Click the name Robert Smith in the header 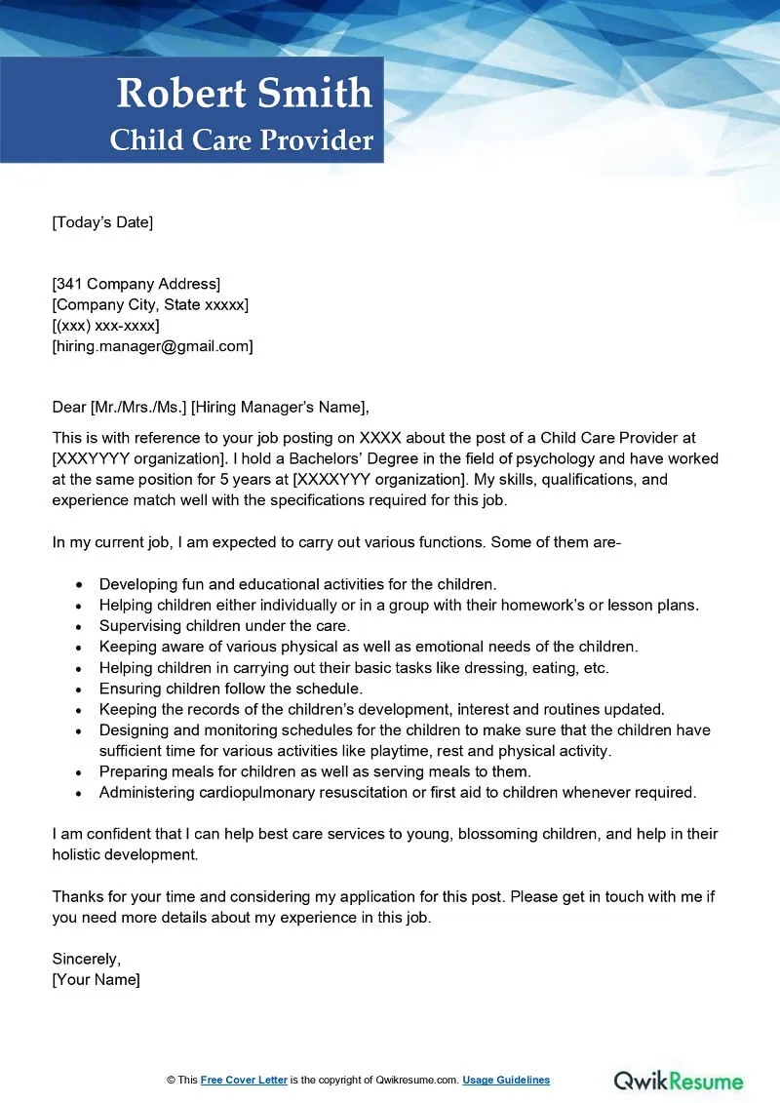pyautogui.click(x=244, y=94)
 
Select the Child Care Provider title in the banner pyautogui.click(x=242, y=140)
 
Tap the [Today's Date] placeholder pyautogui.click(x=102, y=222)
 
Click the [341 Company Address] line pyautogui.click(x=136, y=284)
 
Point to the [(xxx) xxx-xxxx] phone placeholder pyautogui.click(x=105, y=325)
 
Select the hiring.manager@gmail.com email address pyautogui.click(x=152, y=345)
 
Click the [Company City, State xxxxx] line pyautogui.click(x=150, y=304)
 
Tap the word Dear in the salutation pyautogui.click(x=69, y=407)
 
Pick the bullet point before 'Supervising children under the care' pyautogui.click(x=79, y=626)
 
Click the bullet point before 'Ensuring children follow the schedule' pyautogui.click(x=79, y=689)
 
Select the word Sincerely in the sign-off pyautogui.click(x=86, y=959)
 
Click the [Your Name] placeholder pyautogui.click(x=96, y=979)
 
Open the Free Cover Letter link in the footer pyautogui.click(x=245, y=1080)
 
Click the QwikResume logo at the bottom pyautogui.click(x=678, y=1081)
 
